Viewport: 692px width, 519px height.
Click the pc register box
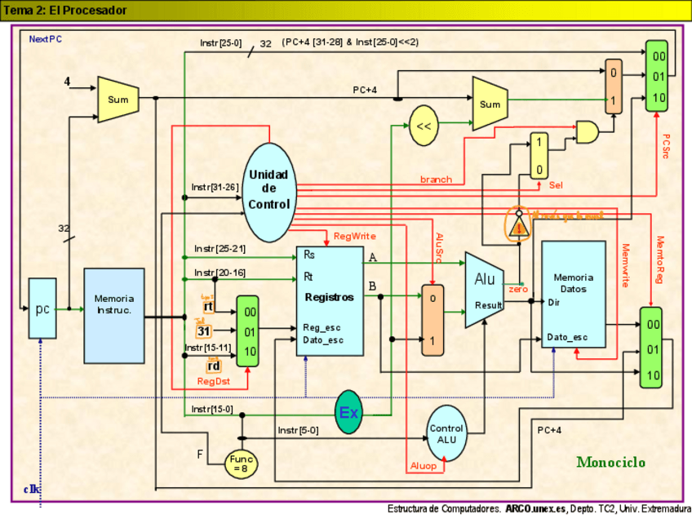42,308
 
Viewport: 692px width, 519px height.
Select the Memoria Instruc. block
113,304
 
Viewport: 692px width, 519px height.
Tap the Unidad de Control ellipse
269,189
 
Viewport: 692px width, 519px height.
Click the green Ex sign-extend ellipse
348,412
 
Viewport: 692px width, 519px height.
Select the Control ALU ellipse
446,433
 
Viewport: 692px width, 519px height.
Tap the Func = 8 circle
242,464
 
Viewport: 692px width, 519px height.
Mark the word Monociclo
610,462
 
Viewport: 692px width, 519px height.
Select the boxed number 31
204,330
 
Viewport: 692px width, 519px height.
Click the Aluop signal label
424,465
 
